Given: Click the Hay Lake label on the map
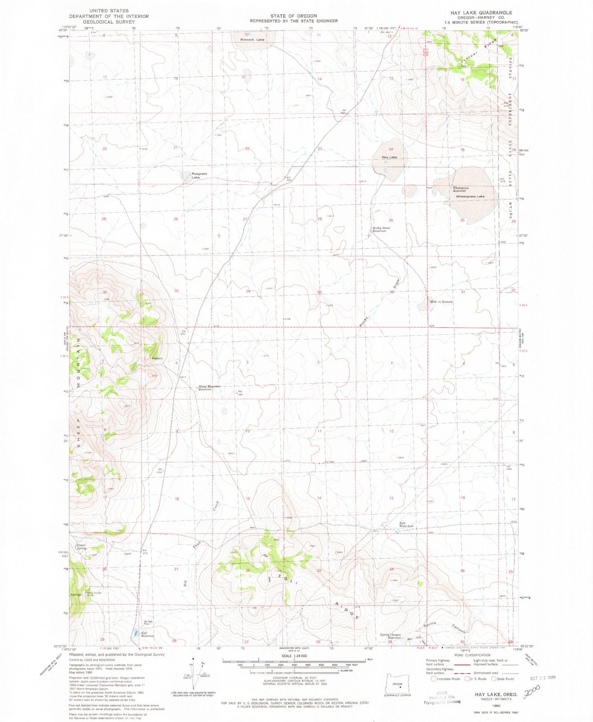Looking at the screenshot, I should pyautogui.click(x=389, y=157).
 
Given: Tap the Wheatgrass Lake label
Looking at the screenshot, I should pyautogui.click(x=470, y=196).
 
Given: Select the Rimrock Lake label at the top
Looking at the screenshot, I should pyautogui.click(x=253, y=39).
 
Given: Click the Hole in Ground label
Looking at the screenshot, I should pyautogui.click(x=441, y=302).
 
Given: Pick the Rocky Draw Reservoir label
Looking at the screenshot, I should pyautogui.click(x=381, y=229).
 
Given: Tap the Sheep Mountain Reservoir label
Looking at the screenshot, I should pyautogui.click(x=209, y=388).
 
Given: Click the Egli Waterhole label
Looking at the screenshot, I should pyautogui.click(x=406, y=524).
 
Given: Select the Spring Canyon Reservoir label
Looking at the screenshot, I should pyautogui.click(x=390, y=636).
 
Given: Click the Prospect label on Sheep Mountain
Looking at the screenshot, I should pyautogui.click(x=157, y=358).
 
